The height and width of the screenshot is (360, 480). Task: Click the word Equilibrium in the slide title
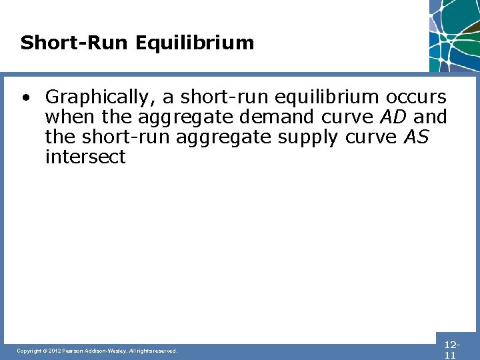[195, 43]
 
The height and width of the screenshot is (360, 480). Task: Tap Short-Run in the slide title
[75, 43]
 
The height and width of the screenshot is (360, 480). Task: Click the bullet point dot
[25, 97]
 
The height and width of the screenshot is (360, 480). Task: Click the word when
[65, 117]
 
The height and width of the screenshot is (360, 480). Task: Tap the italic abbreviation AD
[393, 117]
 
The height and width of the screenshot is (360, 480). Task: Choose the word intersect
[85, 157]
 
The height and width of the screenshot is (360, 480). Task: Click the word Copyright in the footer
[29, 351]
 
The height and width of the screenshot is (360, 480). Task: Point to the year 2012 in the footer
[55, 351]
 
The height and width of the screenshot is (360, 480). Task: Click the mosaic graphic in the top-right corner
[455, 35]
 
